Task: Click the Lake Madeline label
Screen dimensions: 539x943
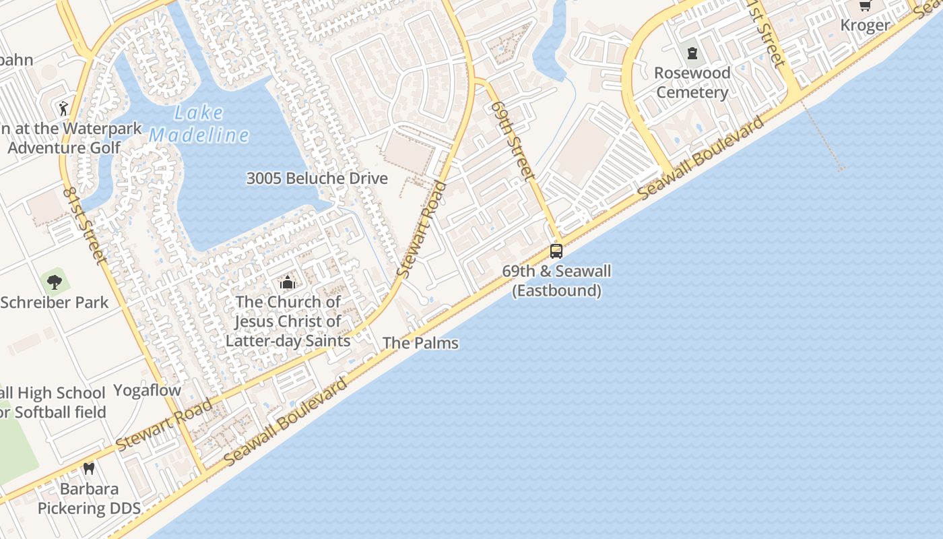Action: [x=199, y=124]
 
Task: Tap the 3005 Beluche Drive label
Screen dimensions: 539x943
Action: [x=317, y=179]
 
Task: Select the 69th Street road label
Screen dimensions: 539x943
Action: [x=513, y=141]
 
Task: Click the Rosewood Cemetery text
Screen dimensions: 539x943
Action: [x=692, y=82]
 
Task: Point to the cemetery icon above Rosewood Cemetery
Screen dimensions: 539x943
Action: [x=692, y=53]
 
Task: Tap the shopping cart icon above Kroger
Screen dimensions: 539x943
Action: [x=865, y=6]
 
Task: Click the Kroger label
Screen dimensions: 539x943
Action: [x=866, y=26]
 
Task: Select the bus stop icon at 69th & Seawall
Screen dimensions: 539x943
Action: [x=556, y=251]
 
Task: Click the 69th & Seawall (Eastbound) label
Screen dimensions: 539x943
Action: [x=556, y=281]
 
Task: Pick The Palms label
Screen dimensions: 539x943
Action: [x=420, y=343]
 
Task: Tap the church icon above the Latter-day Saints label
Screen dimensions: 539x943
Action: [x=288, y=282]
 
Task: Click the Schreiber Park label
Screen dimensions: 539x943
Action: [x=55, y=303]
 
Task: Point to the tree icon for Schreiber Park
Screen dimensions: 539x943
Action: [x=55, y=282]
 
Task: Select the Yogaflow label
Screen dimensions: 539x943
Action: [x=147, y=390]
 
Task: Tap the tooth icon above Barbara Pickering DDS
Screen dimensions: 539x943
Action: [x=88, y=468]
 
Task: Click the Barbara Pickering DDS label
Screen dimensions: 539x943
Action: [x=89, y=499]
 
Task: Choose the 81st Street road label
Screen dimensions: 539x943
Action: [x=84, y=224]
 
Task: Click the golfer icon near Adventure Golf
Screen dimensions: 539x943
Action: [x=63, y=108]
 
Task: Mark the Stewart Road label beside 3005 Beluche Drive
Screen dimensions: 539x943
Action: [x=422, y=229]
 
